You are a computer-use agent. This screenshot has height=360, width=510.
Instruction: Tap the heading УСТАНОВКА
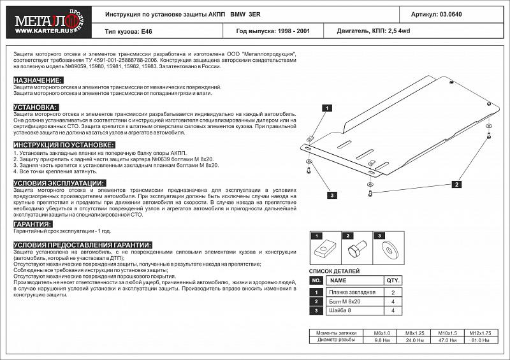(x=36, y=107)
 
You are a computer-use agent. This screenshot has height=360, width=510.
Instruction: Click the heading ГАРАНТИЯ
(x=33, y=224)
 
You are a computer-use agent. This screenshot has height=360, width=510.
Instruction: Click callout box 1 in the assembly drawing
(x=325, y=108)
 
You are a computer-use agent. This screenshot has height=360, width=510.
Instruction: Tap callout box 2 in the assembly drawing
(x=457, y=184)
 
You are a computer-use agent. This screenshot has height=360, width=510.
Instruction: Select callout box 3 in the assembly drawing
(x=332, y=196)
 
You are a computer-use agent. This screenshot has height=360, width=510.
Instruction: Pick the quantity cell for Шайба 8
(x=393, y=310)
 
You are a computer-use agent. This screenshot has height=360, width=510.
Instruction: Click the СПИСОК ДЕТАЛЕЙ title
(x=335, y=270)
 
